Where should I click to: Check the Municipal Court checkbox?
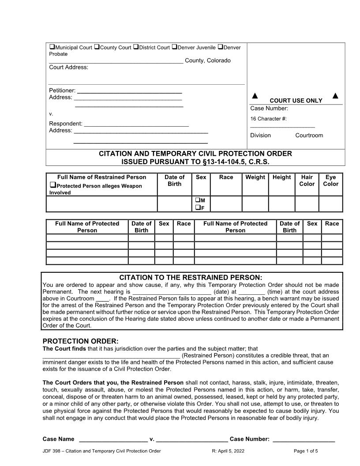52,47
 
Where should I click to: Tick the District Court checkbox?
136,47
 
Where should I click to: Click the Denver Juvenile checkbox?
174,47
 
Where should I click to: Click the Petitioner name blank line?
129,91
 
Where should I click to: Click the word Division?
260,135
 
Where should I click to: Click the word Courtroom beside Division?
309,135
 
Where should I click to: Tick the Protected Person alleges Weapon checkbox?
52,186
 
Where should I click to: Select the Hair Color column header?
307,180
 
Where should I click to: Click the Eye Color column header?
330,180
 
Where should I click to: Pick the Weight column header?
255,177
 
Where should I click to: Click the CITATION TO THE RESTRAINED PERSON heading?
191,278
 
